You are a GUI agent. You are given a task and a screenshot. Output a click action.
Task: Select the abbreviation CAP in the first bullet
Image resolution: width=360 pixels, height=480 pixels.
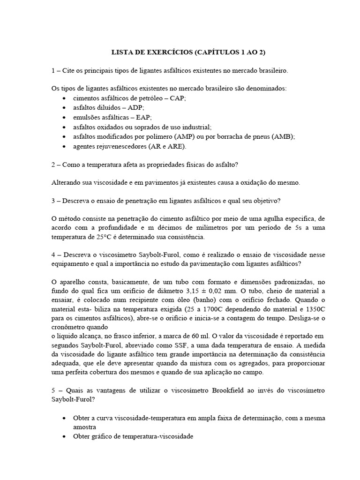[x=179, y=98]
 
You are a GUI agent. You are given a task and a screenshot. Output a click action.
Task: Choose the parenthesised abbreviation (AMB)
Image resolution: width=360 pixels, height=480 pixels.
[x=282, y=136]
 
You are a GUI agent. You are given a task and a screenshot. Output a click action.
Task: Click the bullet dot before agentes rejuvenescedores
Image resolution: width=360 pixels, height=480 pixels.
[x=64, y=146]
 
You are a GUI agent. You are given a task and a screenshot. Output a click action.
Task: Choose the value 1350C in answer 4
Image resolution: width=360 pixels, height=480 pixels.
[x=314, y=310]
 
